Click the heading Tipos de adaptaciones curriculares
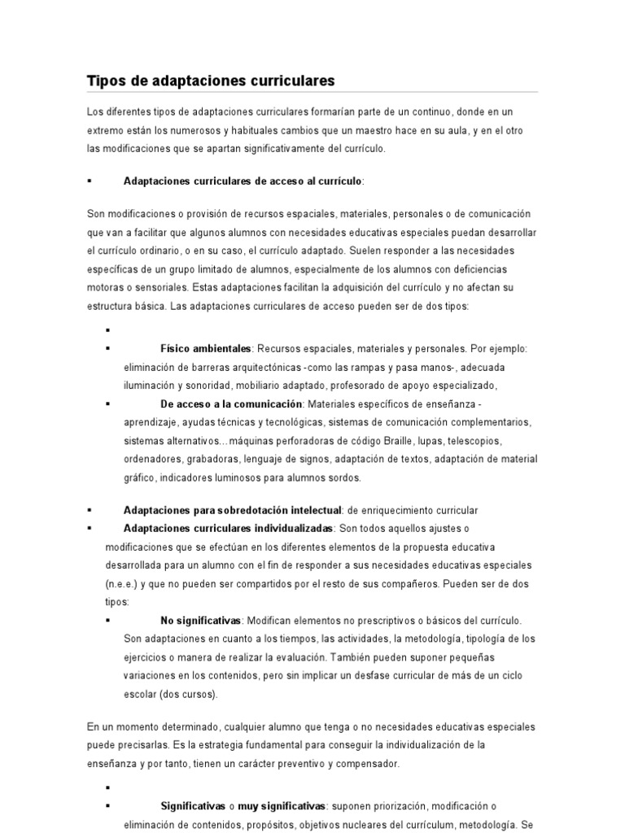coord(211,81)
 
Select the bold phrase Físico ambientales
coord(206,348)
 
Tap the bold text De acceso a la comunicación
coord(231,404)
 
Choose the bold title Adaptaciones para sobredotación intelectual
coord(232,510)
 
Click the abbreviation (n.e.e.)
coord(121,583)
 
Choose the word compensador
coord(372,763)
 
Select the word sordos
coord(345,478)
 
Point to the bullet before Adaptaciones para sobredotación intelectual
coord(90,510)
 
